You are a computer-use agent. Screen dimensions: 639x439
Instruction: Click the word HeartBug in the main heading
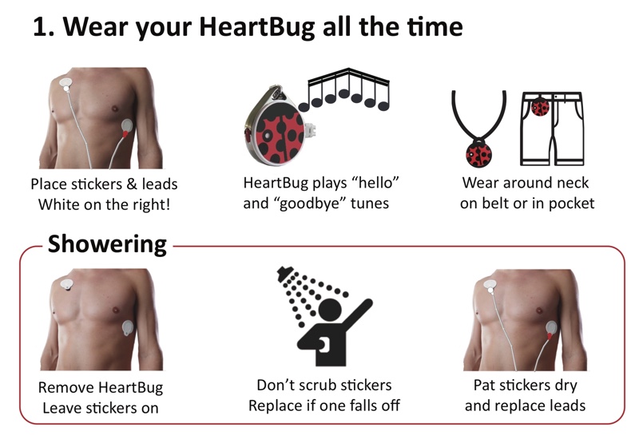(257, 27)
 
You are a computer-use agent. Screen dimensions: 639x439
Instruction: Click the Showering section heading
(107, 244)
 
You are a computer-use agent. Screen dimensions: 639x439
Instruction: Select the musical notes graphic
(345, 89)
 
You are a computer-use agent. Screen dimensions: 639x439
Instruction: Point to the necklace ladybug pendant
(478, 154)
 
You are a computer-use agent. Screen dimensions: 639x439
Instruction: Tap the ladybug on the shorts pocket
(541, 107)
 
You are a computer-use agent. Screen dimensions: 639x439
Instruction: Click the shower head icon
(285, 273)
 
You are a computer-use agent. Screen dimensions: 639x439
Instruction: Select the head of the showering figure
(330, 310)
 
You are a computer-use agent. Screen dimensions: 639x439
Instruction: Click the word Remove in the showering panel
(66, 387)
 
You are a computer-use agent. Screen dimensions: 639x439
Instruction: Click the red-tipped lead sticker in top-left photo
(127, 128)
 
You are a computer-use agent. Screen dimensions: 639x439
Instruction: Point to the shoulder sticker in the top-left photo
(65, 84)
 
